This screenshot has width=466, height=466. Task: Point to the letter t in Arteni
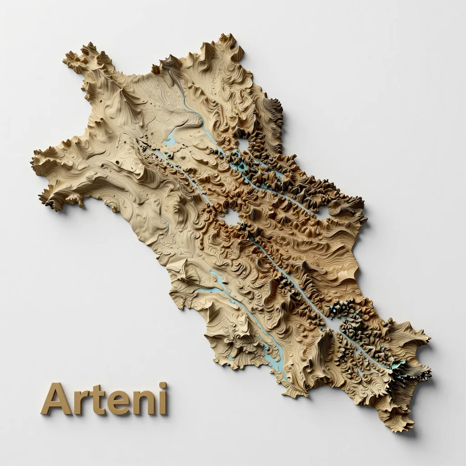click(95, 400)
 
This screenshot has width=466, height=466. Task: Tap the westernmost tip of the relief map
click(33, 160)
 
